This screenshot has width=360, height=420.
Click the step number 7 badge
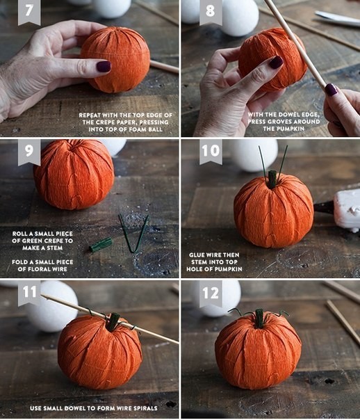(29, 12)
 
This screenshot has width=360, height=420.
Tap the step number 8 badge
(211, 12)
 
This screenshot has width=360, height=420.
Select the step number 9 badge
(29, 152)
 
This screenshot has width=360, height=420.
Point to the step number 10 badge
(211, 152)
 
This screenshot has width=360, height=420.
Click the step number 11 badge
(29, 293)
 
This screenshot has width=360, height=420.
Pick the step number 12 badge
(211, 293)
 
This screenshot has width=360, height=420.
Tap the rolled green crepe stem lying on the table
(101, 245)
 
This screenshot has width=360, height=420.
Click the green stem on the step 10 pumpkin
(272, 179)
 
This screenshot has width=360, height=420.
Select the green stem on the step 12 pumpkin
(259, 318)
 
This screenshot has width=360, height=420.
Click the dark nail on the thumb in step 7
(104, 67)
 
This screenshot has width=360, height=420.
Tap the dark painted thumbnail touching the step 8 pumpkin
(276, 62)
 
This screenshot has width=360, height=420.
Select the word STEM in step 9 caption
(55, 248)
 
